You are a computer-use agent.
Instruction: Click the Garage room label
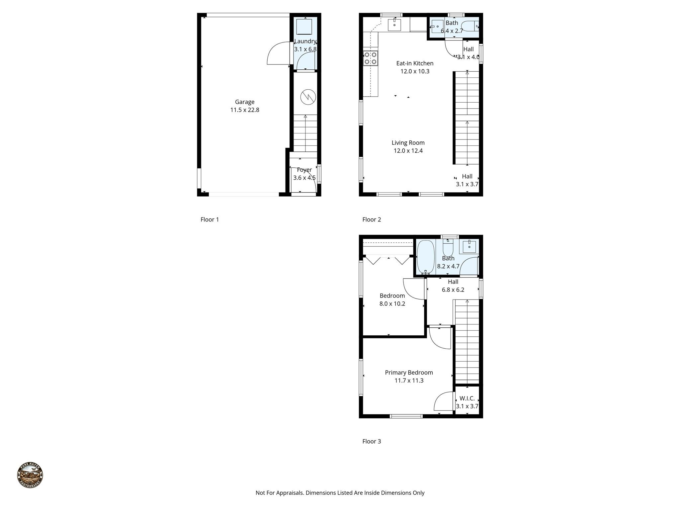pos(245,102)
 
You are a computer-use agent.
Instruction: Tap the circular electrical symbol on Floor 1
pos(308,97)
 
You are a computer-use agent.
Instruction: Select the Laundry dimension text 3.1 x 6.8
pos(305,49)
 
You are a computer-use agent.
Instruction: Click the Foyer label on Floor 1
pos(304,170)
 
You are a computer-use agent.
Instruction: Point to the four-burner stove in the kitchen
pos(370,58)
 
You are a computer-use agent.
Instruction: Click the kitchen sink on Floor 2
pos(394,25)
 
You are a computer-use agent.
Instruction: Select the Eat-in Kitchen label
pos(415,63)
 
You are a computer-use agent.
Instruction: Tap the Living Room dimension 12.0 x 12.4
pos(408,151)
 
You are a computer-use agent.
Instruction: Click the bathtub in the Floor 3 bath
pos(425,256)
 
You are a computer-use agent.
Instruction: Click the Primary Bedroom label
pos(409,373)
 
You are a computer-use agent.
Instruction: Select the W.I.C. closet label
pos(467,398)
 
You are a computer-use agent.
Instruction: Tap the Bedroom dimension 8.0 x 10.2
pos(392,303)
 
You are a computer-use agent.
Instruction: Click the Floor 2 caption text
pos(372,219)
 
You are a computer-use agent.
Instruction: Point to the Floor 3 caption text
pos(372,441)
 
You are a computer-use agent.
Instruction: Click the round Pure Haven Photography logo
pos(30,475)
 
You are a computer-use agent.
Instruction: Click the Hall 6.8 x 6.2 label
pos(453,286)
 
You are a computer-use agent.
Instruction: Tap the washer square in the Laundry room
pos(304,27)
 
